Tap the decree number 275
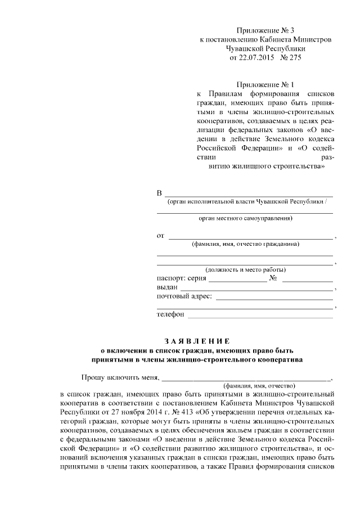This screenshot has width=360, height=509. tap(295, 57)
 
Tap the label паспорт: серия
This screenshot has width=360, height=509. tap(182, 278)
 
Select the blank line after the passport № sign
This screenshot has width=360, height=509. tap(308, 280)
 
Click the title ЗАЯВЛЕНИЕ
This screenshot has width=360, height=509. tap(197, 341)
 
